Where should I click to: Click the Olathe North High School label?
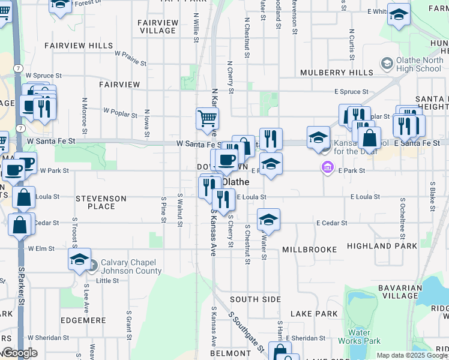tap(419, 65)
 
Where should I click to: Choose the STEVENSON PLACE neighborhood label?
tap(101, 202)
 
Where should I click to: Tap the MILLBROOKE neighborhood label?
tap(307, 248)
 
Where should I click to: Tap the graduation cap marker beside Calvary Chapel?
tap(79, 259)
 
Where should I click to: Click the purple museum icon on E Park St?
tap(328, 167)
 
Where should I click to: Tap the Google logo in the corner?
tap(20, 353)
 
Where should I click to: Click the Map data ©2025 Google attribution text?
tap(411, 355)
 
